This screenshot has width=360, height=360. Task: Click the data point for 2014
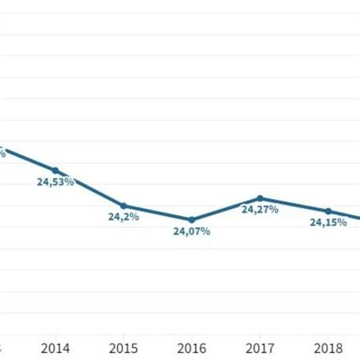(55, 170)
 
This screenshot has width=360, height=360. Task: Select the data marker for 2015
(123, 205)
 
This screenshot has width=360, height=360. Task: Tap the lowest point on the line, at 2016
(191, 219)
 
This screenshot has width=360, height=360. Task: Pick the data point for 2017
(260, 198)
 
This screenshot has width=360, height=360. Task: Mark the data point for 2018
(328, 211)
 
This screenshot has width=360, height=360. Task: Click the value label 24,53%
(55, 182)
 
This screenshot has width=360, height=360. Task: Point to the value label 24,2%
(123, 217)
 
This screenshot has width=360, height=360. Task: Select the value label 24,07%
(191, 231)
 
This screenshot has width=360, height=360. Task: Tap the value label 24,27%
(260, 210)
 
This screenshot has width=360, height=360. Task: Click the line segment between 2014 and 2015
(89, 188)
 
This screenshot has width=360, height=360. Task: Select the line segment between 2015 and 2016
(157, 213)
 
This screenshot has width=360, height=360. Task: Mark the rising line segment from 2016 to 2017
(226, 209)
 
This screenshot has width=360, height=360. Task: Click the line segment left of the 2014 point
(27, 158)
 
